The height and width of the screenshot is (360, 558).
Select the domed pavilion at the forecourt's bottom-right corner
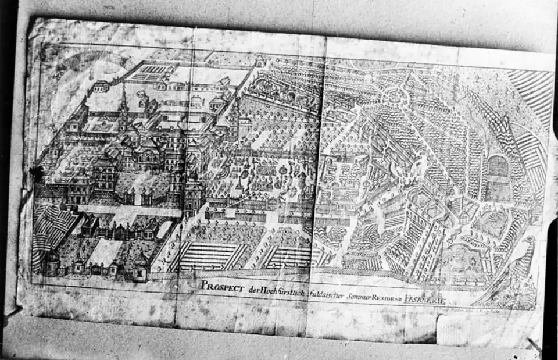click(140, 265)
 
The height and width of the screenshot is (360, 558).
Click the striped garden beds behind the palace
click(150, 73)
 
